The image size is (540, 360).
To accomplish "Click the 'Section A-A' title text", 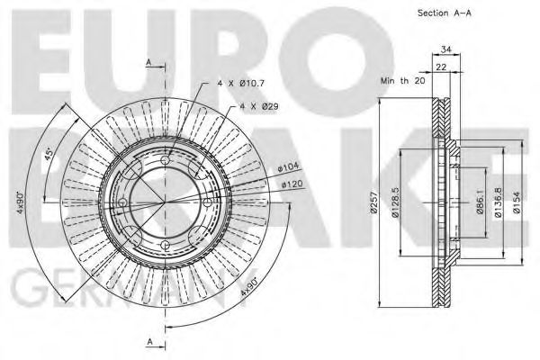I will click(445, 13).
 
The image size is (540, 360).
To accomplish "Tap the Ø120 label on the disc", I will click(292, 184).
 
